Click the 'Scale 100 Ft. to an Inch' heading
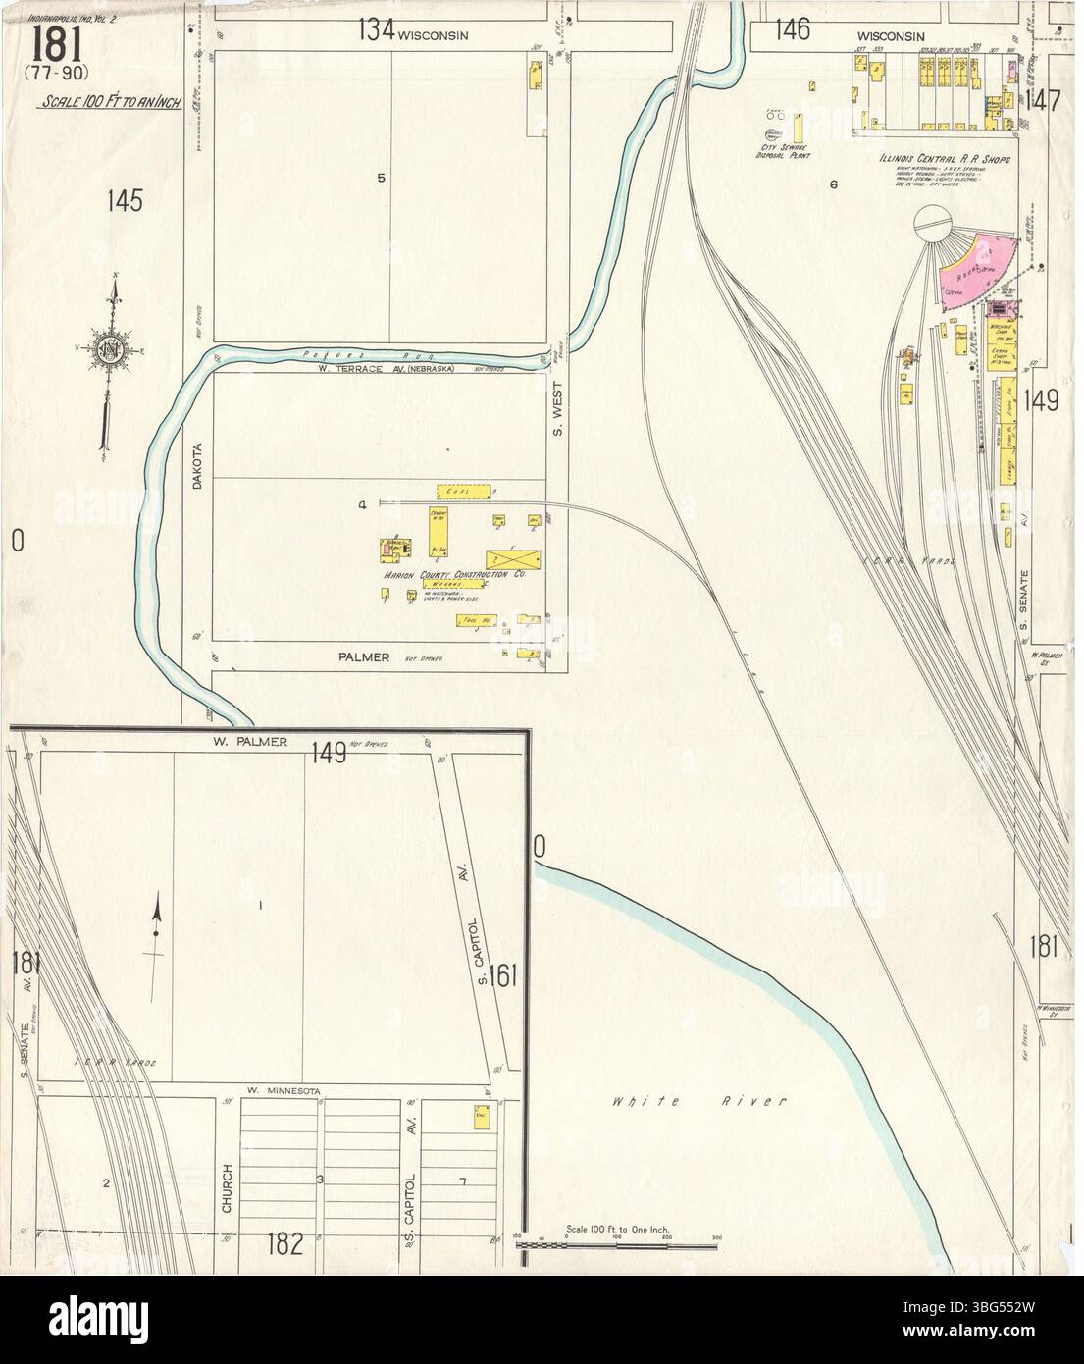tap(110, 102)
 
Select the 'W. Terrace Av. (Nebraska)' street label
tap(379, 368)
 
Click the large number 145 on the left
tap(127, 202)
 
